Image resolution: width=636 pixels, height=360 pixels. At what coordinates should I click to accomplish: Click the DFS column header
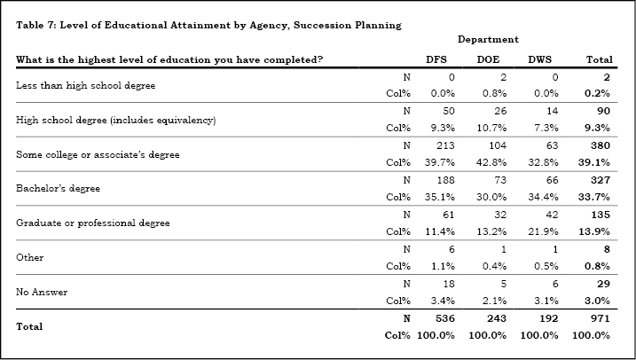click(436, 60)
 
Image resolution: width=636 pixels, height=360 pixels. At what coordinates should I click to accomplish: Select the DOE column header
click(488, 60)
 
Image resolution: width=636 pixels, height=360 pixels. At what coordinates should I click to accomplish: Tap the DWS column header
click(540, 60)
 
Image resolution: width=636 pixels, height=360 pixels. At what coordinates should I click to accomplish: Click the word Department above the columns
click(488, 39)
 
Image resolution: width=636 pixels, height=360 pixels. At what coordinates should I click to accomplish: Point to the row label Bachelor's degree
click(58, 189)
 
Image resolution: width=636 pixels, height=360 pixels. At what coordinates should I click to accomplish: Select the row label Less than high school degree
click(85, 85)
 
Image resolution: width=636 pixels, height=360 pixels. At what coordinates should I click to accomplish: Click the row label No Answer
click(42, 292)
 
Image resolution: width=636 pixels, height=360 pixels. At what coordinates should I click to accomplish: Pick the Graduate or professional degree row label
click(93, 223)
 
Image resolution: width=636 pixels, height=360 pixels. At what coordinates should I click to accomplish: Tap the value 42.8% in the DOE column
click(491, 162)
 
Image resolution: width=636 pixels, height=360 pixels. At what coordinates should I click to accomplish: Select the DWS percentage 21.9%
click(543, 231)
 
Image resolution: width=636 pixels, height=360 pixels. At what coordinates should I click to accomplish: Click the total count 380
click(600, 145)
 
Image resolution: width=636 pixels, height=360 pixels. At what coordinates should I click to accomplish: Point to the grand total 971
click(600, 318)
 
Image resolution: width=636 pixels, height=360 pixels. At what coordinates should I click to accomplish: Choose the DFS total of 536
click(445, 318)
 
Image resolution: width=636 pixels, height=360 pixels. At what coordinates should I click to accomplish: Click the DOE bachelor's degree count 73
click(500, 180)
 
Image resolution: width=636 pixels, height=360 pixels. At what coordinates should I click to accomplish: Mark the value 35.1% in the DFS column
click(440, 197)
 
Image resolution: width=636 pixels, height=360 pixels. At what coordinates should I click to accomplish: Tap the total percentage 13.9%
click(594, 231)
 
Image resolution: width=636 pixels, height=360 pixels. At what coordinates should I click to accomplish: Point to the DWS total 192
click(549, 318)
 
